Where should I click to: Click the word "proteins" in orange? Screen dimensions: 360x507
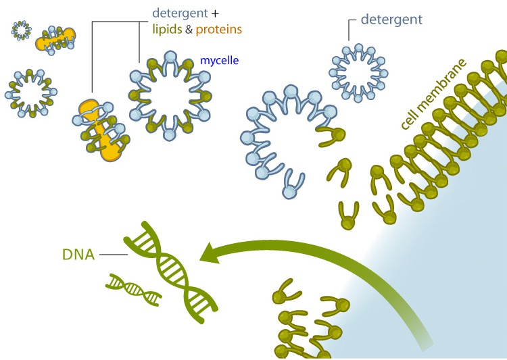218,30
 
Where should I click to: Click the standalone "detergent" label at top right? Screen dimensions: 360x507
391,19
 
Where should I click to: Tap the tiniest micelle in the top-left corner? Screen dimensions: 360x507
22,30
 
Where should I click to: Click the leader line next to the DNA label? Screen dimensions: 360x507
112,254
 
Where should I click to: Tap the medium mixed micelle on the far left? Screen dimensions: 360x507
29,91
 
